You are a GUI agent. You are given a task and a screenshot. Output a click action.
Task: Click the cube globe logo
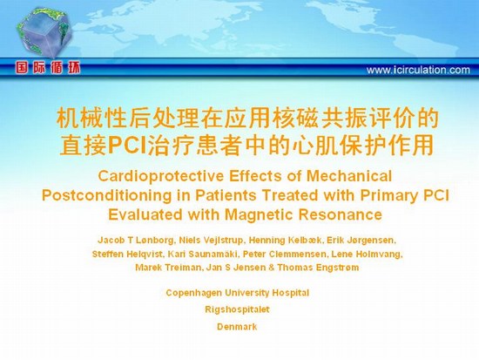pos(44,32)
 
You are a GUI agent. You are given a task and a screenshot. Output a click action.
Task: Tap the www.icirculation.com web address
pos(418,70)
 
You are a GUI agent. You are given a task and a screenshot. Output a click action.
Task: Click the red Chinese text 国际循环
pos(48,68)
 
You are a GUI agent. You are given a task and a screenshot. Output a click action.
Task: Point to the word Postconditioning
pos(106,195)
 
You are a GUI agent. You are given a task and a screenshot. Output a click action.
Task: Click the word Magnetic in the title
pos(259,214)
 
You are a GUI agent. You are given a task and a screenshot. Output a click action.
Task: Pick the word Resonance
pos(340,214)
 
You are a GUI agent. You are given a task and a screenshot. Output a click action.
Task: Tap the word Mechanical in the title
pos(349,176)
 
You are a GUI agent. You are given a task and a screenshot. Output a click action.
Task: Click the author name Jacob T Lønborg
pos(136,241)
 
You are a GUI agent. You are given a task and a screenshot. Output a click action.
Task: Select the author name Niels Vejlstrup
pos(212,241)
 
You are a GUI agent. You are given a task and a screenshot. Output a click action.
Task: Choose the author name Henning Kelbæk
pos(286,241)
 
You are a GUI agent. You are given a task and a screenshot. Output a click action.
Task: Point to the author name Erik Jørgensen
pos(361,241)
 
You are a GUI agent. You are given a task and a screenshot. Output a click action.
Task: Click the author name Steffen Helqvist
pos(128,255)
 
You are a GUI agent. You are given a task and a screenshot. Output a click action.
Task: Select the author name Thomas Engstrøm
pos(318,268)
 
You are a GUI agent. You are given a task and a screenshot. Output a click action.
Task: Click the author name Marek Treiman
pos(168,268)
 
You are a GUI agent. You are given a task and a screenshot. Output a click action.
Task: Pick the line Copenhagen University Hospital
pos(238,293)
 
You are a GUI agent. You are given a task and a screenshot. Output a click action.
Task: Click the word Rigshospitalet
pos(238,309)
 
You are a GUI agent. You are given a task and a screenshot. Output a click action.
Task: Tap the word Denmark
pos(237,327)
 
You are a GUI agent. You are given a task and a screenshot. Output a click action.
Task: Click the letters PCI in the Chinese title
pos(127,146)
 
